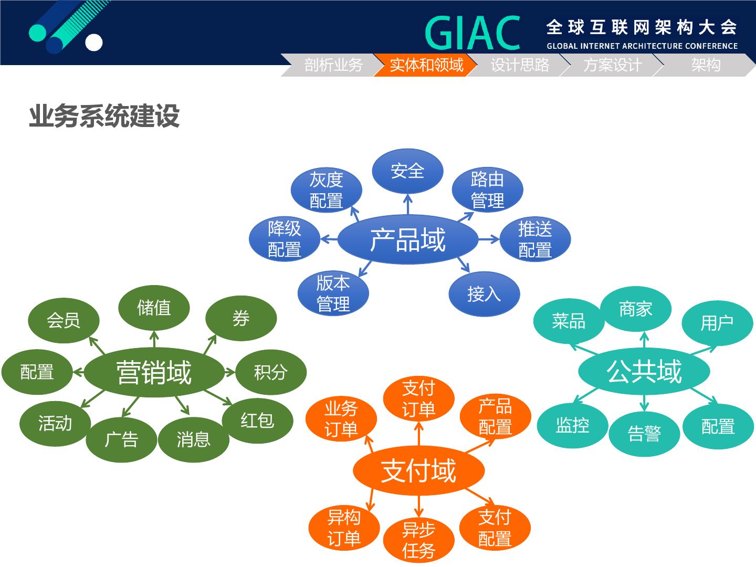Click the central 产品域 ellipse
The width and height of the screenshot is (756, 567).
pyautogui.click(x=408, y=239)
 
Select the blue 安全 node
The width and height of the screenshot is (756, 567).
pyautogui.click(x=407, y=171)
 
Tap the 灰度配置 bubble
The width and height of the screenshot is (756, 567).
pyautogui.click(x=326, y=190)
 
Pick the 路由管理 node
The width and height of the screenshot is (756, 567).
pyautogui.click(x=487, y=190)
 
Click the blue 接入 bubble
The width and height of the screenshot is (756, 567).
pyautogui.click(x=484, y=293)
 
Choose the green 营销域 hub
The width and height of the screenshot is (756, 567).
pyautogui.click(x=154, y=372)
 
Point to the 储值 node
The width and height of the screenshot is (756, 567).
pyautogui.click(x=154, y=308)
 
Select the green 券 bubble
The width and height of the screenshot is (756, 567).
pyautogui.click(x=241, y=318)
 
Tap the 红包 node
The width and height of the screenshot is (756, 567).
pyautogui.click(x=257, y=421)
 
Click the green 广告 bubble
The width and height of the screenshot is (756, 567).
pyautogui.click(x=121, y=439)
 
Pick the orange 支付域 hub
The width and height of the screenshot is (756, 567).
pyautogui.click(x=418, y=470)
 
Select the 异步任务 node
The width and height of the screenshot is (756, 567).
pyautogui.click(x=418, y=540)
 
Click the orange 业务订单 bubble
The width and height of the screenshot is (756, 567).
pyautogui.click(x=341, y=419)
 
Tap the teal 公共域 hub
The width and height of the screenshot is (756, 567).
pyautogui.click(x=644, y=371)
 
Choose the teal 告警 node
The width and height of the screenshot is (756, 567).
pyautogui.click(x=644, y=434)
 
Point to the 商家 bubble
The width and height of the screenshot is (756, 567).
pyautogui.click(x=635, y=309)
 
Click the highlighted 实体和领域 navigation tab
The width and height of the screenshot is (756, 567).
pyautogui.click(x=426, y=65)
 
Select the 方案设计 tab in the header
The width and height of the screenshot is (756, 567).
pyautogui.click(x=612, y=65)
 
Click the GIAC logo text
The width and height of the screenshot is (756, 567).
pyautogui.click(x=472, y=33)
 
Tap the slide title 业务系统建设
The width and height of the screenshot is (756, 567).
pyautogui.click(x=104, y=116)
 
